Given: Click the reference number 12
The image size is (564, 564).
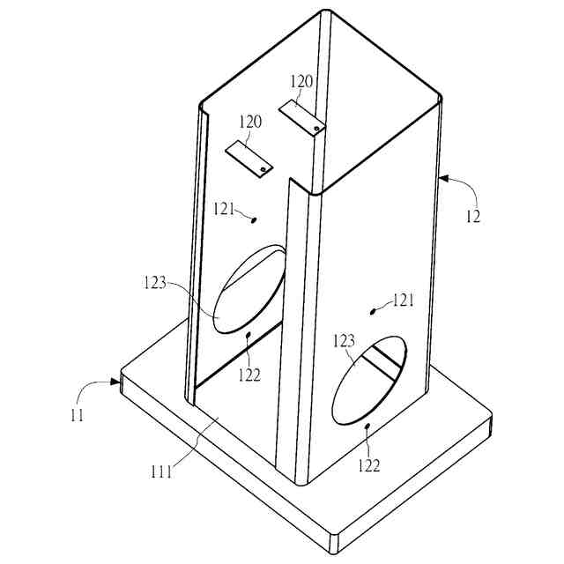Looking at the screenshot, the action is (473, 214).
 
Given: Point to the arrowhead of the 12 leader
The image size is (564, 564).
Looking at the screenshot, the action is (442, 179).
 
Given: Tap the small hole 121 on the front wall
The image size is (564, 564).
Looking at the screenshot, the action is (372, 311).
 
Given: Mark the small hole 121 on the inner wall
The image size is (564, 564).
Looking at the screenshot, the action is (255, 220).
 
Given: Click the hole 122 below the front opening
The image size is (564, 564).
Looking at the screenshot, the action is (367, 426).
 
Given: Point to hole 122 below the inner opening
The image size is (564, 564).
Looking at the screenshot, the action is (249, 335).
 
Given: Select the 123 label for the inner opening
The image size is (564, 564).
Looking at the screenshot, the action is (154, 284).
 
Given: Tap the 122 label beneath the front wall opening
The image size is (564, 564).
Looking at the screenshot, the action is (368, 464).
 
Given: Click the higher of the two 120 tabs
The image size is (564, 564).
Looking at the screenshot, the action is (300, 117).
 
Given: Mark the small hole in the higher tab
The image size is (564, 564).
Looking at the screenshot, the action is (315, 129).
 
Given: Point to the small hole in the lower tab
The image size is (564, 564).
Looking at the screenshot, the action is (263, 168).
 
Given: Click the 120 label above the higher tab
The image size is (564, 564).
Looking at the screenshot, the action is (301, 81).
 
